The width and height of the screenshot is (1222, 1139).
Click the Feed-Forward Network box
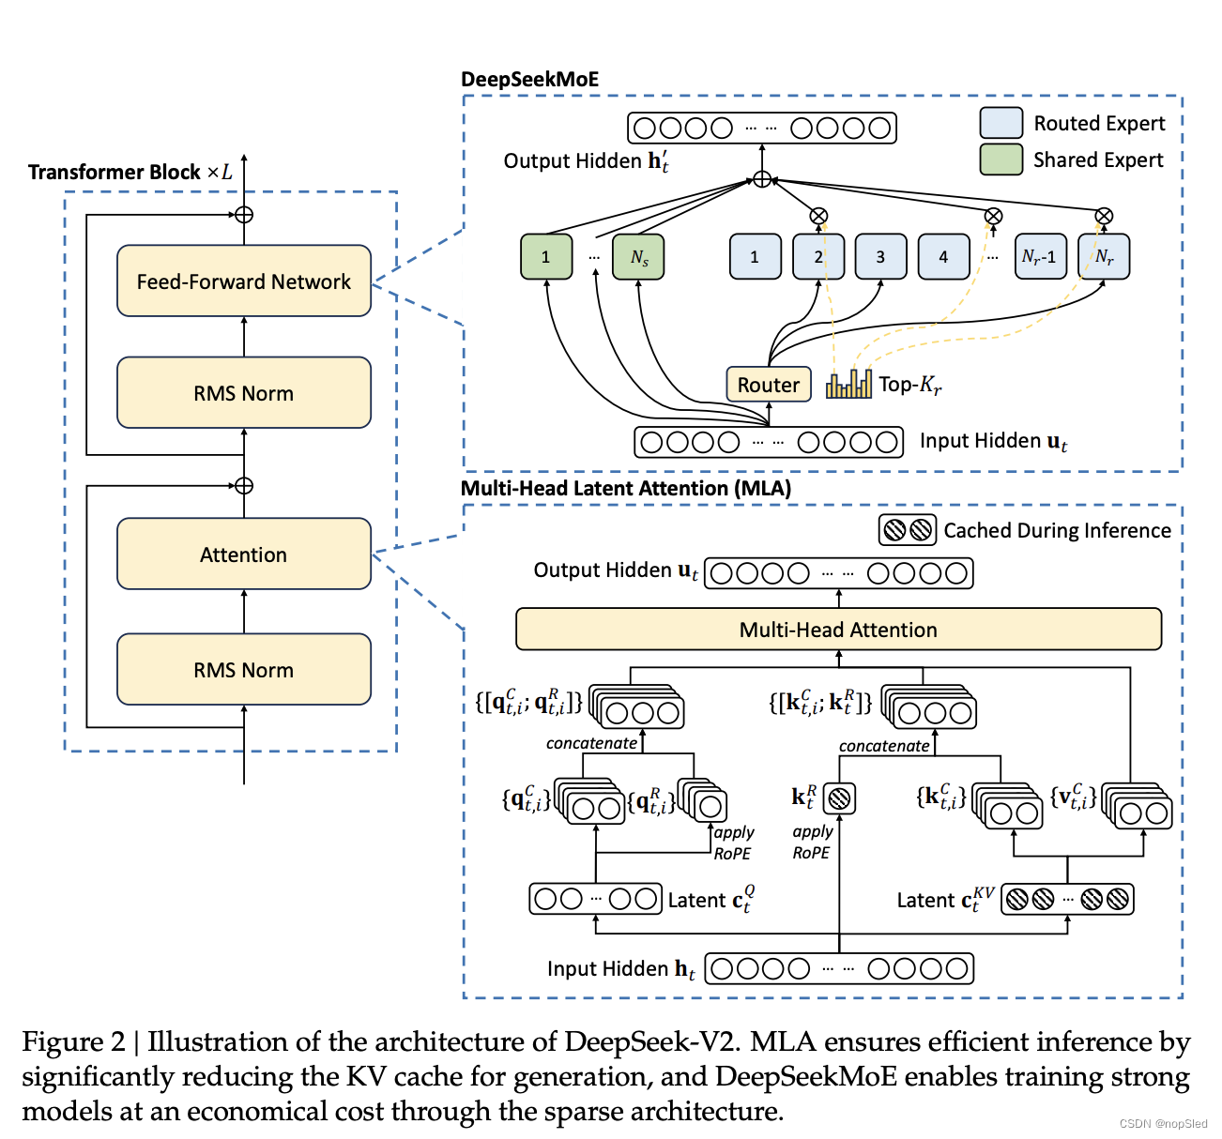pyautogui.click(x=244, y=281)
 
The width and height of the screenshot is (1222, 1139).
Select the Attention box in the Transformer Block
pyautogui.click(x=244, y=554)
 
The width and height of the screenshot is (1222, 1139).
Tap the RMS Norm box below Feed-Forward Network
pyautogui.click(x=244, y=392)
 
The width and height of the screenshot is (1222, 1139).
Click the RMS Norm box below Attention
pyautogui.click(x=244, y=669)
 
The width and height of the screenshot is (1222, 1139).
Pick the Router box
pyautogui.click(x=768, y=385)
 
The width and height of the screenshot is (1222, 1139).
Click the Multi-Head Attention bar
pyautogui.click(x=838, y=629)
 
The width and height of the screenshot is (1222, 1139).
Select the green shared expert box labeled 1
pyautogui.click(x=546, y=256)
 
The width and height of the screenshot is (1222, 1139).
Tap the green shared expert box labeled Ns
pyautogui.click(x=638, y=256)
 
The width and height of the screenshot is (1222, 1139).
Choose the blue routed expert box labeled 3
pyautogui.click(x=880, y=256)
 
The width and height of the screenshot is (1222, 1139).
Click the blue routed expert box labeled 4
pyautogui.click(x=943, y=256)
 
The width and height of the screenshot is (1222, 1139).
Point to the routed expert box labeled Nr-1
pyautogui.click(x=1040, y=256)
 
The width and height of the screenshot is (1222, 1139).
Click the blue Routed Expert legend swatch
pyautogui.click(x=1001, y=123)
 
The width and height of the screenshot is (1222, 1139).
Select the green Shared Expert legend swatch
pyautogui.click(x=1001, y=159)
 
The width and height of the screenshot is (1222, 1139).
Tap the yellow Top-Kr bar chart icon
pyautogui.click(x=848, y=384)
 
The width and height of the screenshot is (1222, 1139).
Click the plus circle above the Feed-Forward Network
pyautogui.click(x=244, y=215)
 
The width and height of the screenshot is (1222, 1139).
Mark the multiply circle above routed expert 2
pyautogui.click(x=818, y=216)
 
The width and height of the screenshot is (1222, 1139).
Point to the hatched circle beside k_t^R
pyautogui.click(x=839, y=798)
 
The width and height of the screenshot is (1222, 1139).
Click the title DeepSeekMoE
pyautogui.click(x=529, y=80)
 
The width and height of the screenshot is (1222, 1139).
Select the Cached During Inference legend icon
pyautogui.click(x=908, y=530)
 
